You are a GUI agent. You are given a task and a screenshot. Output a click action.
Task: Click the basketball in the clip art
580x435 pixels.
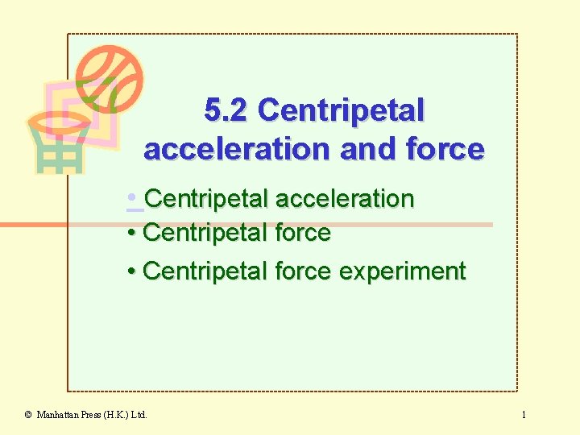click(109, 79)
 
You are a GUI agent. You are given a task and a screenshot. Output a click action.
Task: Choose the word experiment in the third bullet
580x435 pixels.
click(402, 271)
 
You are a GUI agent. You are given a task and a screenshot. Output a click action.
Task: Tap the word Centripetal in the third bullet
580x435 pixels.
click(205, 271)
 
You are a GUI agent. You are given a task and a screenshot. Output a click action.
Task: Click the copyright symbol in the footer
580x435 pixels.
click(28, 415)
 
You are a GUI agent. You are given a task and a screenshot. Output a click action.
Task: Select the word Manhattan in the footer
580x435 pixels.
click(58, 415)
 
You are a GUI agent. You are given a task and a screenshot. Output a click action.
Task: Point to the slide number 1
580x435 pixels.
click(524, 415)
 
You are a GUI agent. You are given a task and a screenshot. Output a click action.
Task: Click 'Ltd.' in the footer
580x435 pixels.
click(139, 415)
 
